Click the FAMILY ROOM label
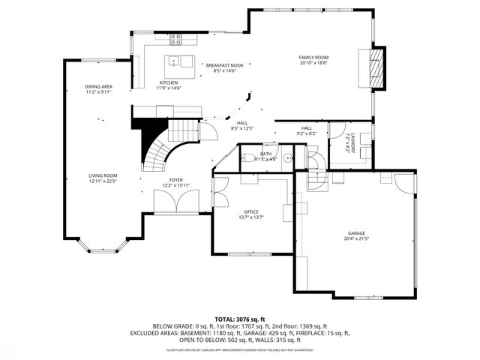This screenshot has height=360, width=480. pos(314,58)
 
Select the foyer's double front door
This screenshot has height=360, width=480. pos(176,201)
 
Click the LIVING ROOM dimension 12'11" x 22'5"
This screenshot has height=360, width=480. pos(103,181)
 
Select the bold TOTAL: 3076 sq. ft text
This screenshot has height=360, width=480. pos(239,319)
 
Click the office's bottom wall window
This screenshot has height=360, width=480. pos(250,253)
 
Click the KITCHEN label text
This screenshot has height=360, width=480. pos(169,82)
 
